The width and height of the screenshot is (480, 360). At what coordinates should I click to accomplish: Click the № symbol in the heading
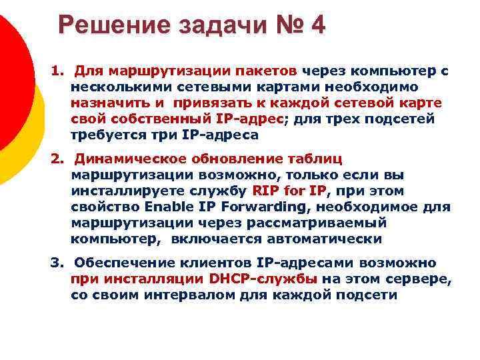pyautogui.click(x=283, y=26)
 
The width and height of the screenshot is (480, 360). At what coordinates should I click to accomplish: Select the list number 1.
pyautogui.click(x=57, y=71)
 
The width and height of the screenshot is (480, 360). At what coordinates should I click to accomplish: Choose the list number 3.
pyautogui.click(x=57, y=263)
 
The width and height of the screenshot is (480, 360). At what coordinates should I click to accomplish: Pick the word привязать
pyautogui.click(x=207, y=103)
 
